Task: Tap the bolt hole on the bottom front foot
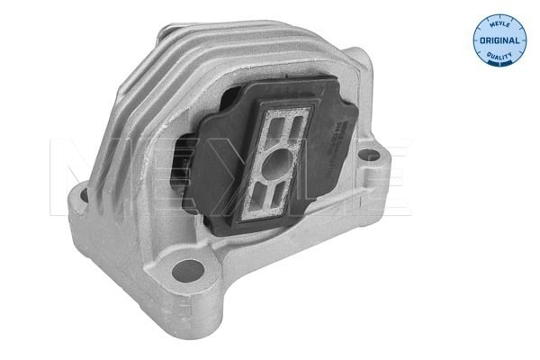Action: click(x=188, y=267)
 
